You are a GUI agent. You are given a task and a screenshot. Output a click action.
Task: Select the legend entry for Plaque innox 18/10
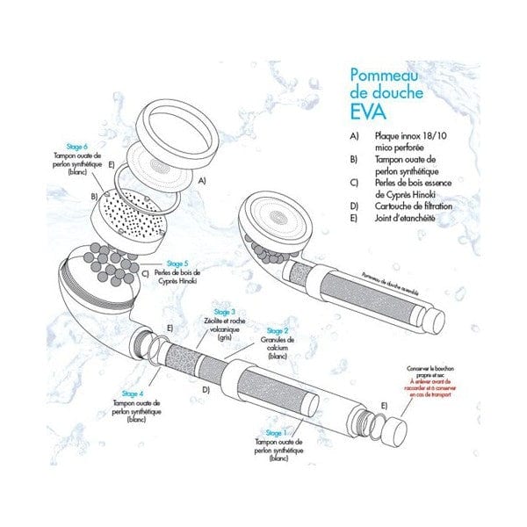click(x=401, y=139)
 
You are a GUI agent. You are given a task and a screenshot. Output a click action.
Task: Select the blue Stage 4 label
click(x=134, y=394)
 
